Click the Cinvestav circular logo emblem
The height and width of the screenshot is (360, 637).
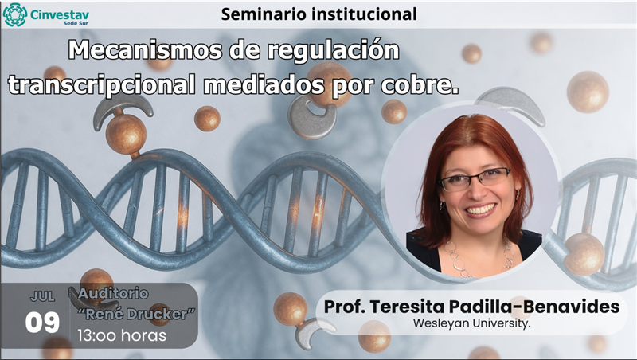(x=15, y=14)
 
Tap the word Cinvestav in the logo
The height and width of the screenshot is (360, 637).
(x=59, y=15)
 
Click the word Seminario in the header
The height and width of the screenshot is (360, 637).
(x=264, y=14)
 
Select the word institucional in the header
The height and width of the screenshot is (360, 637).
(x=365, y=14)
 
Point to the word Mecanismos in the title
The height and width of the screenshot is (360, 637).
(x=145, y=50)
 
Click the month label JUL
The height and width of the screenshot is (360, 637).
(x=42, y=296)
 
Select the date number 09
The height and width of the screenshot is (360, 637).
(x=42, y=323)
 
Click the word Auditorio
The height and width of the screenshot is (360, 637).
(x=113, y=293)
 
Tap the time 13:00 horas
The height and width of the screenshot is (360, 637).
(x=122, y=335)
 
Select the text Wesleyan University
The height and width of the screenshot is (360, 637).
(x=471, y=323)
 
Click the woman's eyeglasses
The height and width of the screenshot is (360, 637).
(x=475, y=179)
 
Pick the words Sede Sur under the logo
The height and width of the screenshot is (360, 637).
(x=76, y=24)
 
